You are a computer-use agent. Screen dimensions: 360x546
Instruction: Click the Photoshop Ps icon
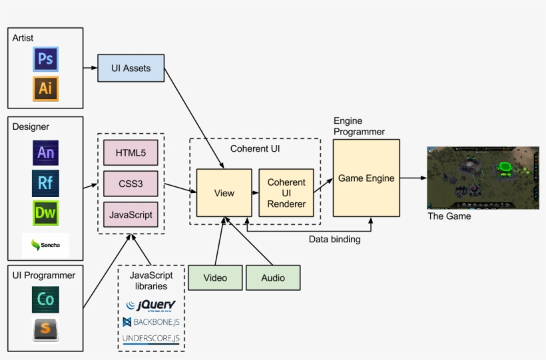tap(45, 59)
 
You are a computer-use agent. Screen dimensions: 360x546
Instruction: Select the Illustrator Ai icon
tap(45, 89)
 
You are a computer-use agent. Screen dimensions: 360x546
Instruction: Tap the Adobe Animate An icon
tap(45, 152)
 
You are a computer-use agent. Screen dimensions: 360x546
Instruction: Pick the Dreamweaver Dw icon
tap(45, 213)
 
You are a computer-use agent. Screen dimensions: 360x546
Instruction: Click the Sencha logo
tap(45, 246)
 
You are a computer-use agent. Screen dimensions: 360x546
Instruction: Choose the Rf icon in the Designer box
tap(45, 182)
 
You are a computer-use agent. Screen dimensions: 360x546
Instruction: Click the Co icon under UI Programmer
tap(45, 299)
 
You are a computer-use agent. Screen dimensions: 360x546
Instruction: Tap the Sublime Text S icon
tap(45, 329)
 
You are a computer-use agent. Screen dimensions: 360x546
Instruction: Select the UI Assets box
tap(131, 68)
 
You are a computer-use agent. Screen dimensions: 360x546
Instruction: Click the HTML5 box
tap(131, 152)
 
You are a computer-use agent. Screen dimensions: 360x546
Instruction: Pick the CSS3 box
tap(131, 183)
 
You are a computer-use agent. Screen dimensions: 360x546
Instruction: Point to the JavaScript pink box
tap(131, 214)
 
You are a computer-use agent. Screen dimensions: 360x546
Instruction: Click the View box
tap(224, 193)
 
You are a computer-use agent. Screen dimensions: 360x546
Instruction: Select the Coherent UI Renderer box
tap(286, 192)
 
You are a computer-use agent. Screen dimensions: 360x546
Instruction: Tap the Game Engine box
tap(366, 178)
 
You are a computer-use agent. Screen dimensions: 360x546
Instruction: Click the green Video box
tap(214, 277)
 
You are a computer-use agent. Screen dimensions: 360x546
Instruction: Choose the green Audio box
tap(273, 277)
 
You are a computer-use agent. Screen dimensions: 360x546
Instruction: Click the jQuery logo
tap(151, 305)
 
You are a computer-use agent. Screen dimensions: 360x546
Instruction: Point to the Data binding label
tap(335, 240)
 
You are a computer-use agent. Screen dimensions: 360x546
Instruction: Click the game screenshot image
tap(482, 178)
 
